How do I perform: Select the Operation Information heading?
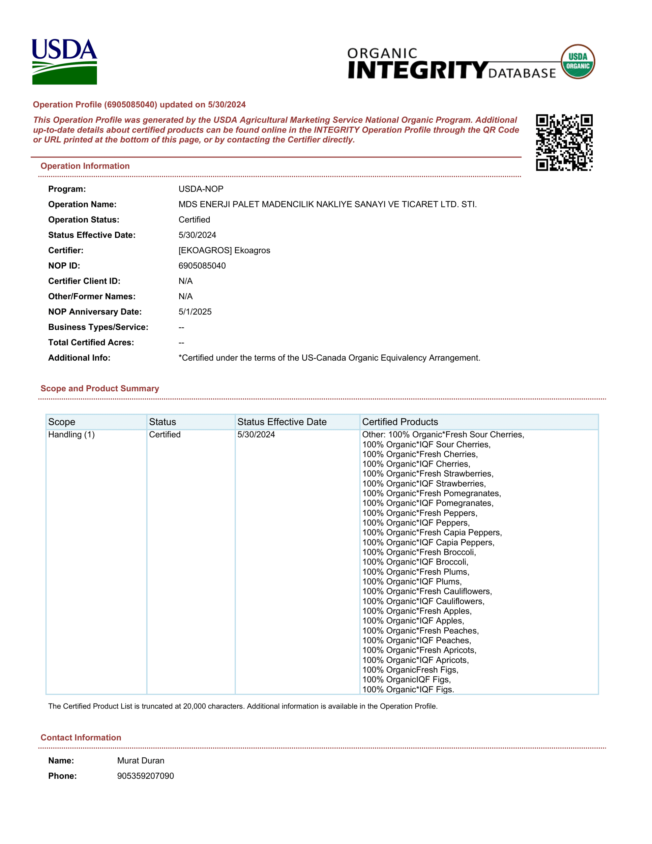[85, 166]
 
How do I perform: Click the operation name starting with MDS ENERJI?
[327, 204]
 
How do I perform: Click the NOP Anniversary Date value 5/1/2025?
[195, 312]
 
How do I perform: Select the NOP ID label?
[64, 265]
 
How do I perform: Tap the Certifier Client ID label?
[84, 281]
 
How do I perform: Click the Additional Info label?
[79, 357]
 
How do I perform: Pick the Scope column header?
[62, 422]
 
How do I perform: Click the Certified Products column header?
[400, 422]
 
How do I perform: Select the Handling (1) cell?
[72, 435]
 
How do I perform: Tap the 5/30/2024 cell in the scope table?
[256, 435]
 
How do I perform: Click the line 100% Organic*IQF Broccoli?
[415, 562]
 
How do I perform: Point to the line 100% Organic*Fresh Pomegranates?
[431, 493]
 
